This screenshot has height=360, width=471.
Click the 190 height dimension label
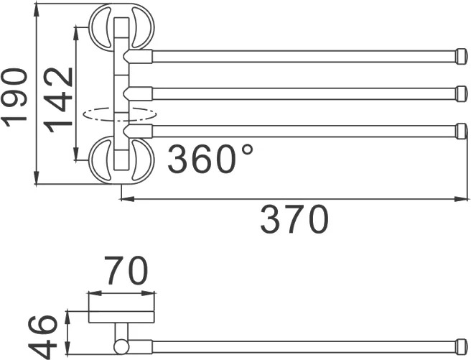pyautogui.click(x=14, y=98)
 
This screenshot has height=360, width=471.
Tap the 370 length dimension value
pyautogui.click(x=294, y=219)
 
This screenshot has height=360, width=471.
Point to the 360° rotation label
pyautogui.click(x=210, y=159)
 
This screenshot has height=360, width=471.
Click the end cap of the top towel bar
pyautogui.click(x=462, y=57)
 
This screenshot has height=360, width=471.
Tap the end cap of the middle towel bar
pyautogui.click(x=462, y=93)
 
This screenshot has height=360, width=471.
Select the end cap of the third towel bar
pyautogui.click(x=462, y=131)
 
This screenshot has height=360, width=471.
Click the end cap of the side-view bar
pyautogui.click(x=462, y=347)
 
